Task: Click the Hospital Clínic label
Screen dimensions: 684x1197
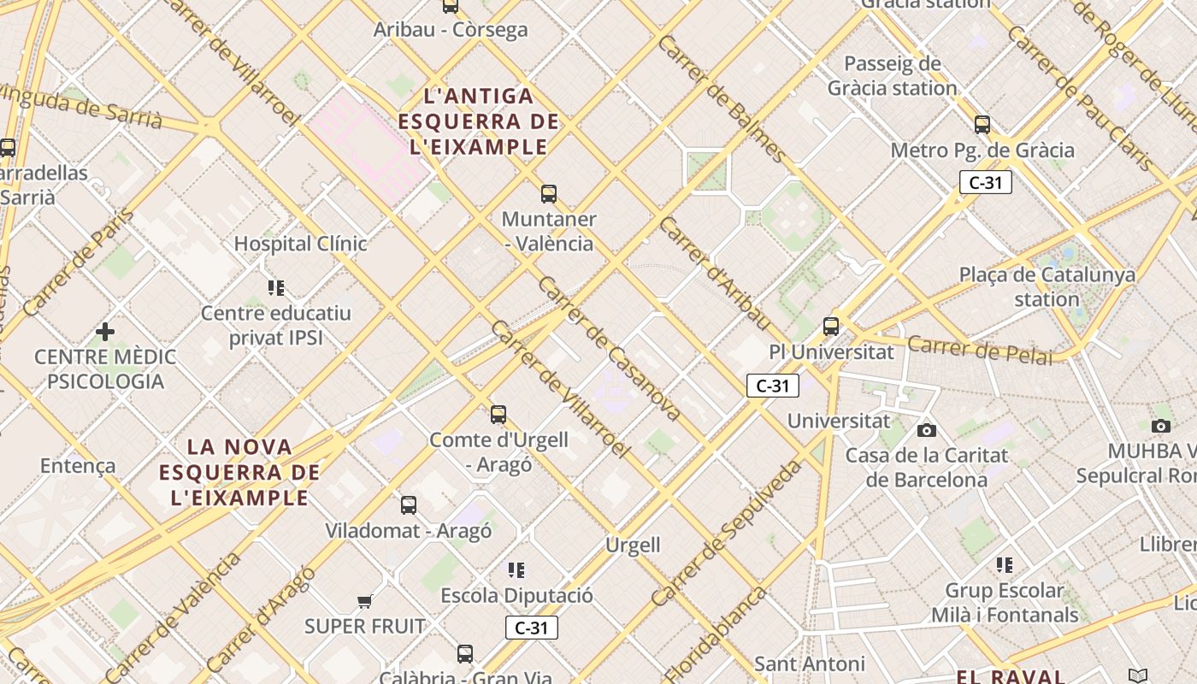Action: point(300,244)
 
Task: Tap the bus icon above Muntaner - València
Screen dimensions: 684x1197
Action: point(549,194)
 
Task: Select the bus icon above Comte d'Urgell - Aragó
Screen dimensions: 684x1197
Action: point(498,415)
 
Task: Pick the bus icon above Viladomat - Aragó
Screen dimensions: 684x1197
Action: point(409,505)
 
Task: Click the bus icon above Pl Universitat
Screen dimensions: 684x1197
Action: point(831,326)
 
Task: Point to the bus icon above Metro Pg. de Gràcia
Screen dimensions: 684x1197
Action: point(982,125)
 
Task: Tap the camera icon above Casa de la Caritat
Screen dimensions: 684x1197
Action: point(927,430)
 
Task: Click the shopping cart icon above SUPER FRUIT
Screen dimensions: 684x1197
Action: point(365,601)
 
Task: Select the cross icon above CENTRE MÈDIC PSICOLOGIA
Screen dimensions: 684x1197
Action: point(105,331)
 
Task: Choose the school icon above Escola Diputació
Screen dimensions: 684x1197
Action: point(516,569)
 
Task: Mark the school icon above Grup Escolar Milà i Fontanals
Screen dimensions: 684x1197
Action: point(1005,564)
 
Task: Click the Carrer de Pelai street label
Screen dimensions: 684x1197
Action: point(980,350)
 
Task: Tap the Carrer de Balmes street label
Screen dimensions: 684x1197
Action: point(722,98)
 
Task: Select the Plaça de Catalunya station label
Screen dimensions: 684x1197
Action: point(1047,287)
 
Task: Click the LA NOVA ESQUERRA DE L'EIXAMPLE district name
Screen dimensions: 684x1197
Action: point(239,472)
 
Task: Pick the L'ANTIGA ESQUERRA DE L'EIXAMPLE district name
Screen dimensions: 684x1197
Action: point(479,121)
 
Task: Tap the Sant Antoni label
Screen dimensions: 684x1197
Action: point(809,663)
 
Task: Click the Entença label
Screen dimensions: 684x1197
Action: point(78,466)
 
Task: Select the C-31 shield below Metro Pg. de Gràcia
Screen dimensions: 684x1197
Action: point(985,182)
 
